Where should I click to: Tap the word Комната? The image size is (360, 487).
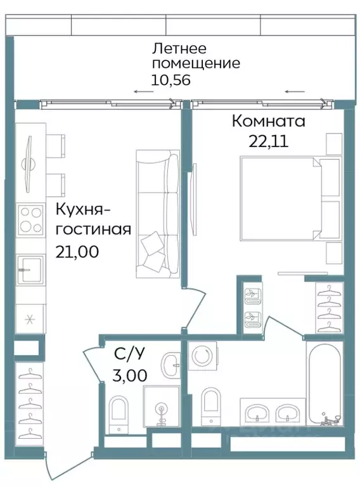pos(268,120)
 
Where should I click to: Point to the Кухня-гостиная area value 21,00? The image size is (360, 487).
pos(77,252)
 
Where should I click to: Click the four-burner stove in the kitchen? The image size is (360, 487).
pos(29,220)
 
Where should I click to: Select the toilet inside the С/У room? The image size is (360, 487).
pos(119,414)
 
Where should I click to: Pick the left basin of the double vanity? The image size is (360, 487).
pos(257,412)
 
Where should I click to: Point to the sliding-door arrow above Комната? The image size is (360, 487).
pos(293,92)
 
